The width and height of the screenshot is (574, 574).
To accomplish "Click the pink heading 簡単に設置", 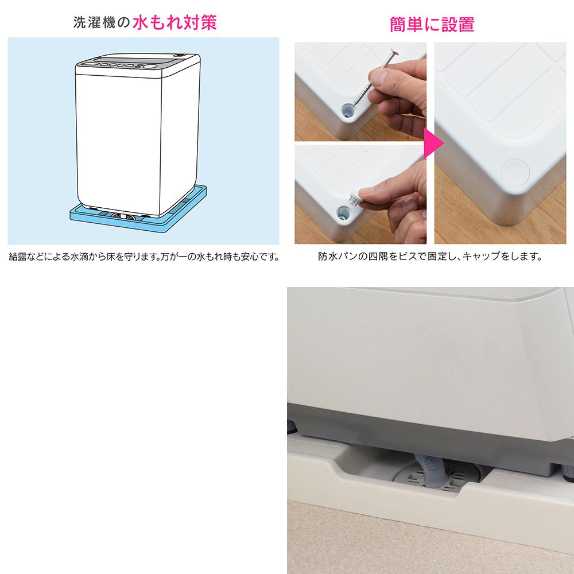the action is (432, 25).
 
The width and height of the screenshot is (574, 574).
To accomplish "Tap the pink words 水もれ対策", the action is (174, 22).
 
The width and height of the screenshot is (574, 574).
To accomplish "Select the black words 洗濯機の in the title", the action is (102, 23).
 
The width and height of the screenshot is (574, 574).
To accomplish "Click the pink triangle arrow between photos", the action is (433, 143).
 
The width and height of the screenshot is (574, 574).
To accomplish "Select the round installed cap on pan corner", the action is (515, 171).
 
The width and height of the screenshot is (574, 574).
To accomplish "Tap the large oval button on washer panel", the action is (149, 66).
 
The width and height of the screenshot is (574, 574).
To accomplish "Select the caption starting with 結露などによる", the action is (144, 257).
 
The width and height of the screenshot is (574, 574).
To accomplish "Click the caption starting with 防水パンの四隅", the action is (430, 256).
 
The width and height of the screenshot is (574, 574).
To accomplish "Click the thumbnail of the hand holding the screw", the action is (360, 91).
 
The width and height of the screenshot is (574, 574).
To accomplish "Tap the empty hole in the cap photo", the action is (343, 212).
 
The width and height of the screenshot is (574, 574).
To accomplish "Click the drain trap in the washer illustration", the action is (123, 216).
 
